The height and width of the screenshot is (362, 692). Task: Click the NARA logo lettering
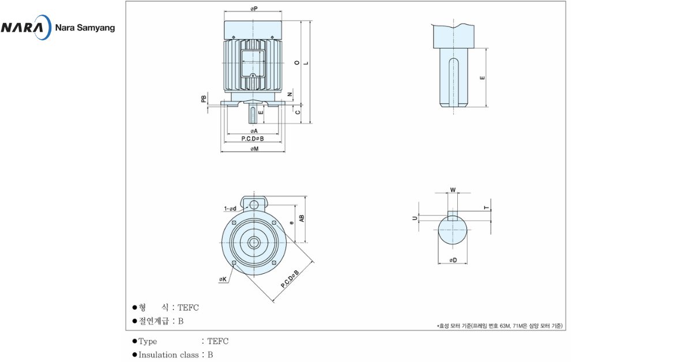[22, 28]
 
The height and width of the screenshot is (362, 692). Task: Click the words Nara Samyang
[85, 28]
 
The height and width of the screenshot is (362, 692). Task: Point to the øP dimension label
[254, 9]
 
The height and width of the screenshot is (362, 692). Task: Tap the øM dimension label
[254, 149]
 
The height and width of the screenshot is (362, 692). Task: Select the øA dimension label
[254, 131]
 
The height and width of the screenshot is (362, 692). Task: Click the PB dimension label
[204, 99]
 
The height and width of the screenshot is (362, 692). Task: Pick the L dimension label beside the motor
[306, 63]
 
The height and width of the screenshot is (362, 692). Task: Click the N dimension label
[289, 95]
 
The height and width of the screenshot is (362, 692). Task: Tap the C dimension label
[298, 112]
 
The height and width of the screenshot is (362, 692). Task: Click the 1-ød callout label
[230, 209]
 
